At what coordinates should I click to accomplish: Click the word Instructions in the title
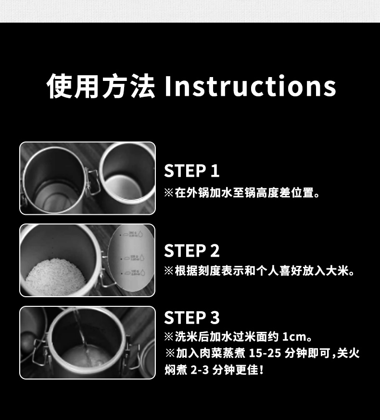[250, 86]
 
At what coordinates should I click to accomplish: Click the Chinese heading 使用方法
[101, 86]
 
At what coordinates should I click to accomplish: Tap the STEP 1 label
[192, 171]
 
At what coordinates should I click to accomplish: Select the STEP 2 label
[192, 250]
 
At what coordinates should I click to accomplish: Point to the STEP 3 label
[192, 317]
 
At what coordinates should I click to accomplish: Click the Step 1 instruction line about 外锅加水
[242, 193]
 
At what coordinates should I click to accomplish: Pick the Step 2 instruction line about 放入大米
[259, 271]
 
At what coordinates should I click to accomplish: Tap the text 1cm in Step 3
[294, 337]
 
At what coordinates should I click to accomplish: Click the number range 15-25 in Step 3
[265, 353]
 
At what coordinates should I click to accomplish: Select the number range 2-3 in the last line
[200, 370]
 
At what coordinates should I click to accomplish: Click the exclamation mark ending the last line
[262, 370]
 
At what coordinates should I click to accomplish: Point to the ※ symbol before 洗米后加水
[169, 337]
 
